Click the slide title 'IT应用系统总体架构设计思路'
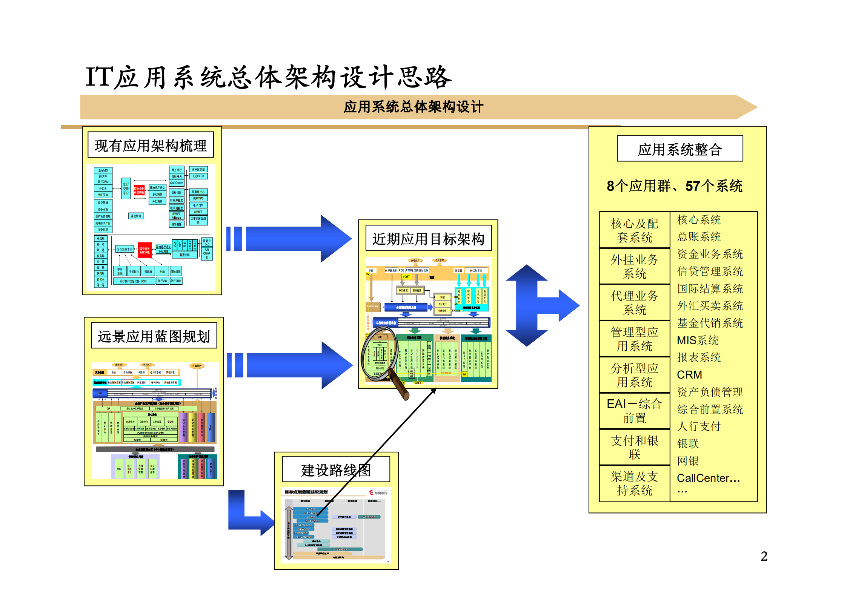[x=268, y=77]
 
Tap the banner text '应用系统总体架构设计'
[x=413, y=107]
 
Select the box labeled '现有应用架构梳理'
[x=151, y=145]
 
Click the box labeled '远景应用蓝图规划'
[x=154, y=336]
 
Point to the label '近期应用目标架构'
[x=428, y=239]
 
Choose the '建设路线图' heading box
[x=336, y=470]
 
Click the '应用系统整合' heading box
[x=680, y=149]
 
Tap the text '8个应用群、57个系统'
[x=675, y=186]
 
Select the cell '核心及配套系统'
[x=635, y=230]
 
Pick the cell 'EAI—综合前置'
[x=635, y=411]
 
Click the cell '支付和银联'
[x=635, y=447]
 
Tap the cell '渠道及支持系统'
[x=635, y=483]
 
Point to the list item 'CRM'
[x=690, y=375]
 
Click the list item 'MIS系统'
[x=698, y=340]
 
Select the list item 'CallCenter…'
[x=708, y=478]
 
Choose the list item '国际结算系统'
[x=710, y=288]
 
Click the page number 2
[x=764, y=556]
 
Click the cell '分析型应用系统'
[x=635, y=375]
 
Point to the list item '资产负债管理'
[x=710, y=392]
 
